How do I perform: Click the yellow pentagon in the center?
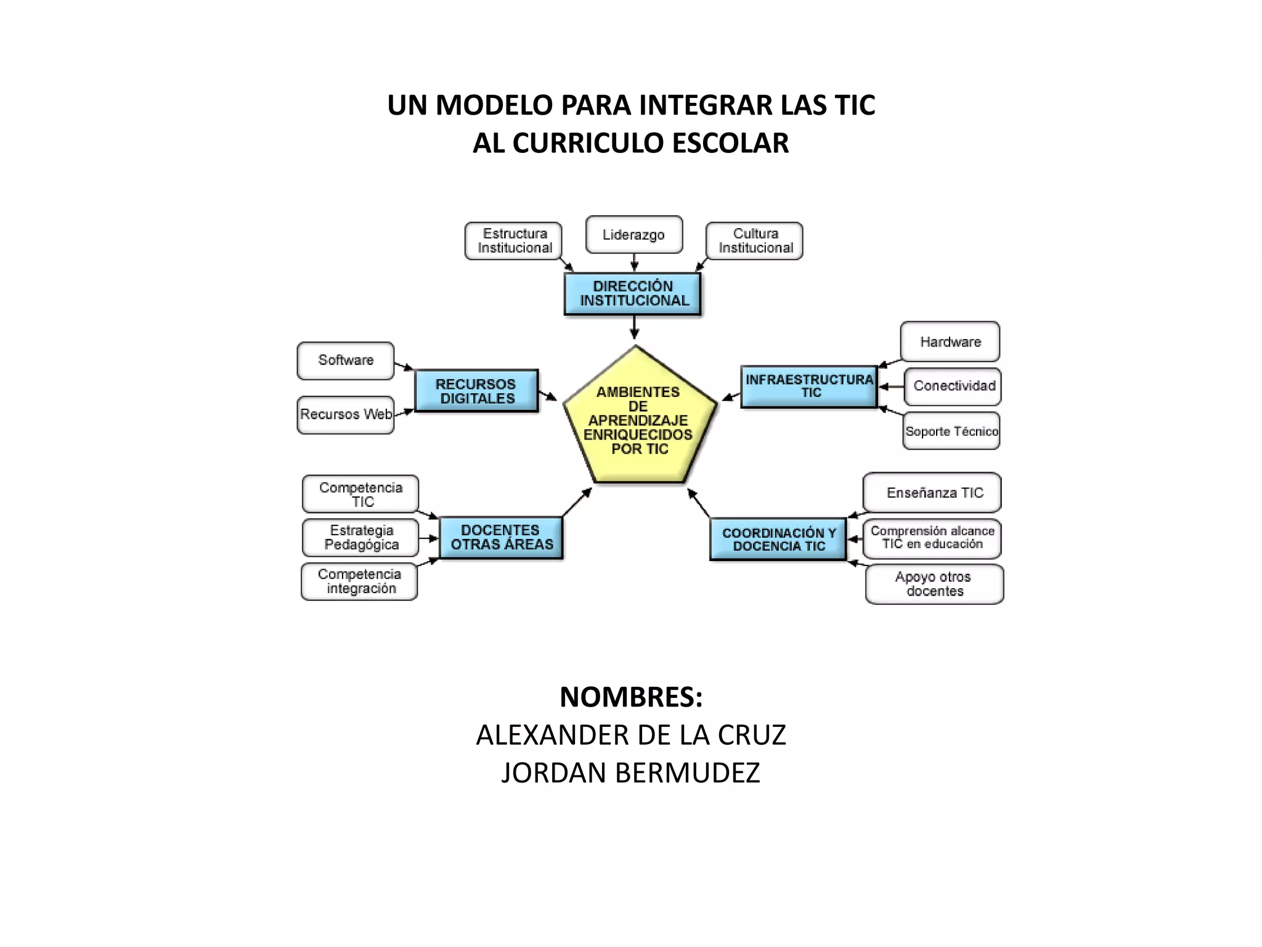pyautogui.click(x=639, y=419)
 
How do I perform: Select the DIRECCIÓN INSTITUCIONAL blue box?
pyautogui.click(x=633, y=293)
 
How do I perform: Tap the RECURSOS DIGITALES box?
pyautogui.click(x=476, y=391)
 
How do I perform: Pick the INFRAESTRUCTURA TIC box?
pyautogui.click(x=809, y=387)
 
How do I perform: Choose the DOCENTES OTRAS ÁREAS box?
pyautogui.click(x=501, y=538)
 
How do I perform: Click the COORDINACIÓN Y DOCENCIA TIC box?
pyautogui.click(x=778, y=539)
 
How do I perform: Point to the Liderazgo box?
pyautogui.click(x=634, y=235)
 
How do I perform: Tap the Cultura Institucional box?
pyautogui.click(x=754, y=241)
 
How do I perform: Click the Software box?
pyautogui.click(x=346, y=361)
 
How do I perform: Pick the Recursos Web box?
pyautogui.click(x=346, y=415)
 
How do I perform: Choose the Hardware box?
pyautogui.click(x=950, y=342)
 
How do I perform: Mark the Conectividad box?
pyautogui.click(x=953, y=387)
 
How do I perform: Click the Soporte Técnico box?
pyautogui.click(x=951, y=431)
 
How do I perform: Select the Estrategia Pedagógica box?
pyautogui.click(x=361, y=538)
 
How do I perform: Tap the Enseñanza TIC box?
pyautogui.click(x=932, y=493)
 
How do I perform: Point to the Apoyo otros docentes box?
pyautogui.click(x=934, y=584)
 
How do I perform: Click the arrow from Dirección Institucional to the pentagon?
pyautogui.click(x=634, y=327)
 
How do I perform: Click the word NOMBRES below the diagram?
pyautogui.click(x=630, y=697)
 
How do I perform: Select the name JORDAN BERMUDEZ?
pyautogui.click(x=630, y=773)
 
